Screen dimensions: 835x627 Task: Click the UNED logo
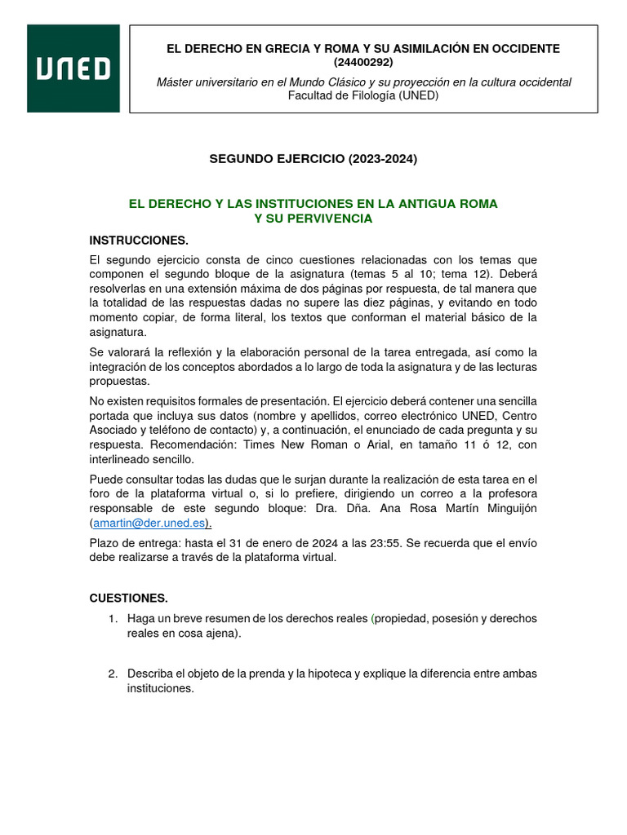73,68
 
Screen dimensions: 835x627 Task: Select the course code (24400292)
363,63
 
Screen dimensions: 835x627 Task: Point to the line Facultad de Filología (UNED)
363,95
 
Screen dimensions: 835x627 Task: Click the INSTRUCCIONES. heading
139,241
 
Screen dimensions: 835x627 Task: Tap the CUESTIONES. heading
128,598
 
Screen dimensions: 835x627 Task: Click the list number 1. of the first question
113,619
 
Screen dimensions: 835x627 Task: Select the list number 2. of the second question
113,674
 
